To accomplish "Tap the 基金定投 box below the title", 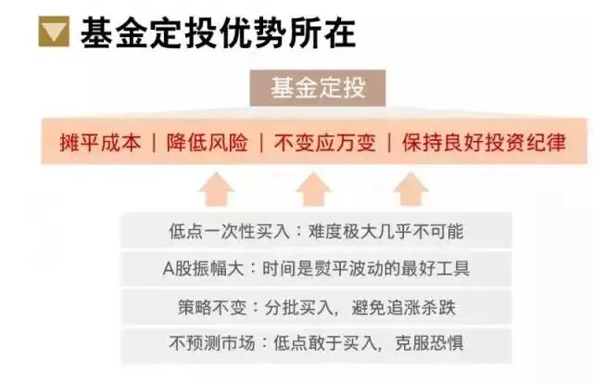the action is point(318,89).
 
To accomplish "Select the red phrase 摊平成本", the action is point(100,143).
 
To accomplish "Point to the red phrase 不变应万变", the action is point(323,143).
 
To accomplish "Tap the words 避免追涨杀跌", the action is point(404,306).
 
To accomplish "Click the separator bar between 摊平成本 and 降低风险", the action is point(154,143).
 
